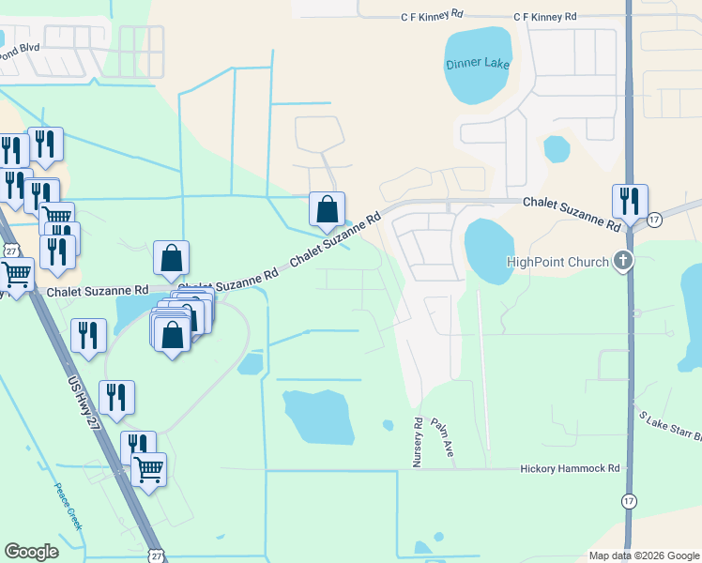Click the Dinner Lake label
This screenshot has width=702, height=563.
click(479, 63)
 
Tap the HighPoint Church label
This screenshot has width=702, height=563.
click(557, 262)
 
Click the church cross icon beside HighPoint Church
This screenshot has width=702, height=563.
click(621, 261)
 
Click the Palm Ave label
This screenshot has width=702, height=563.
click(442, 437)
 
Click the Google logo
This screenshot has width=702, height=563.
click(32, 552)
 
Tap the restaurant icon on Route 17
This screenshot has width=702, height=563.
click(629, 201)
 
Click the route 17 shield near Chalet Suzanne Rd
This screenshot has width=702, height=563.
click(654, 219)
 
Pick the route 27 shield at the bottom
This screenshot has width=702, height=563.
click(155, 555)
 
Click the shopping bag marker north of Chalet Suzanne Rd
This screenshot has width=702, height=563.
click(327, 209)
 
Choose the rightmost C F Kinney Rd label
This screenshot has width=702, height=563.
click(545, 17)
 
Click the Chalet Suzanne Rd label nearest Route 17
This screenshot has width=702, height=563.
click(572, 214)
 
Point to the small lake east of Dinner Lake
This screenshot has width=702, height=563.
click(557, 148)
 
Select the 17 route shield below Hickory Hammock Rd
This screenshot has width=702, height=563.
click(628, 501)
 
